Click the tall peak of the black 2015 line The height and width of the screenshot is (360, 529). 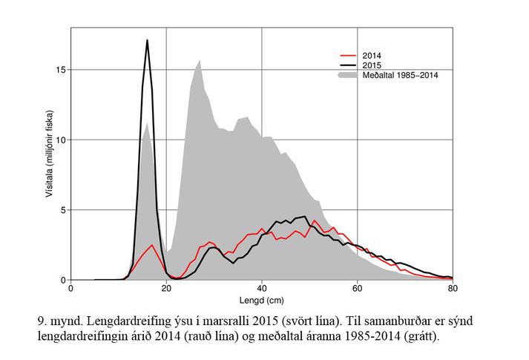[x=148, y=40]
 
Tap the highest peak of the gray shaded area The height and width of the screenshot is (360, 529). [x=200, y=60]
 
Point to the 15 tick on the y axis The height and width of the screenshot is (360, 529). [x=62, y=70]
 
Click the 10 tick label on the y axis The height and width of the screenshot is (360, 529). [x=62, y=140]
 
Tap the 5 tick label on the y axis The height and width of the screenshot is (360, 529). [x=64, y=210]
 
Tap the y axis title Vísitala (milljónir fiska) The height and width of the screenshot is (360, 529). [x=50, y=154]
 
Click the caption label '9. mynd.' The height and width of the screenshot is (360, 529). [x=62, y=323]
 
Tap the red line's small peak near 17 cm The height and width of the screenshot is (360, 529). [x=152, y=245]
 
